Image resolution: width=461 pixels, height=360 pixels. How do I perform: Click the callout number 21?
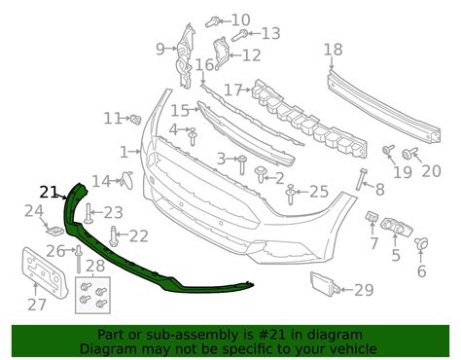[50, 191]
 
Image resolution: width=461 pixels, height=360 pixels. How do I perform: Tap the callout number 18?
[333, 50]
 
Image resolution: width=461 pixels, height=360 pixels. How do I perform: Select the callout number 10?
[239, 19]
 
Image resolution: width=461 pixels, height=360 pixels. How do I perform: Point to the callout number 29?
[364, 289]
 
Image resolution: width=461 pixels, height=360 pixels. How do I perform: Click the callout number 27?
[36, 305]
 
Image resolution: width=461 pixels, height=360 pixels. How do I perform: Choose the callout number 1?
[124, 152]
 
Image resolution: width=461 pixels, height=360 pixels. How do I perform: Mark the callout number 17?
[231, 90]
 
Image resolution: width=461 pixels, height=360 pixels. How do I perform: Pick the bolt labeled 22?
[116, 234]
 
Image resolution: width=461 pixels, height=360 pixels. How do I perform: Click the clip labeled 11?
[135, 119]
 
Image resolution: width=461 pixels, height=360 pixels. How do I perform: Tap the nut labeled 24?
[55, 231]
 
